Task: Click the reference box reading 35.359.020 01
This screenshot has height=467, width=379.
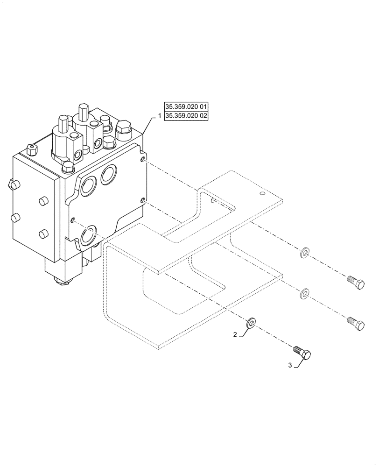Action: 186,106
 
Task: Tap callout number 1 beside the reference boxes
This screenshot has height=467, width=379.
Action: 159,116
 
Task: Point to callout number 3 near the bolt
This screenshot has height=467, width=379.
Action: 290,366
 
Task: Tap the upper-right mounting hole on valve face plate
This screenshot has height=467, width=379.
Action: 143,161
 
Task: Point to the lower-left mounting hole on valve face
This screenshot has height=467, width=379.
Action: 73,220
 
